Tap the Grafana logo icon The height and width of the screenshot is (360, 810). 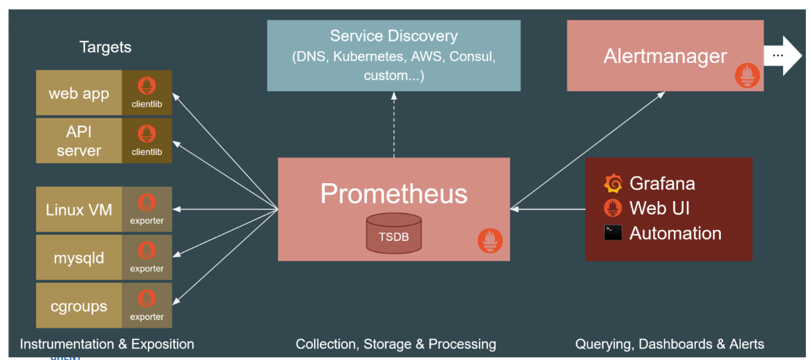click(x=612, y=183)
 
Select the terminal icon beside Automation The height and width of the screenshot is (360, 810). click(x=612, y=232)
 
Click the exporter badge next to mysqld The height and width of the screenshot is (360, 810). click(x=147, y=257)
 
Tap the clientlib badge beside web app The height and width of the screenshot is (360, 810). click(x=147, y=93)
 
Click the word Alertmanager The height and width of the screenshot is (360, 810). click(x=665, y=56)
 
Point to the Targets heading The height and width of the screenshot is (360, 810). click(x=105, y=47)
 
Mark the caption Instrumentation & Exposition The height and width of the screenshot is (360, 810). click(x=107, y=344)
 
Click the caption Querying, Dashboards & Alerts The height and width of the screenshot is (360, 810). click(x=670, y=344)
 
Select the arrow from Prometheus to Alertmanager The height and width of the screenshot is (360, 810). click(x=587, y=151)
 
